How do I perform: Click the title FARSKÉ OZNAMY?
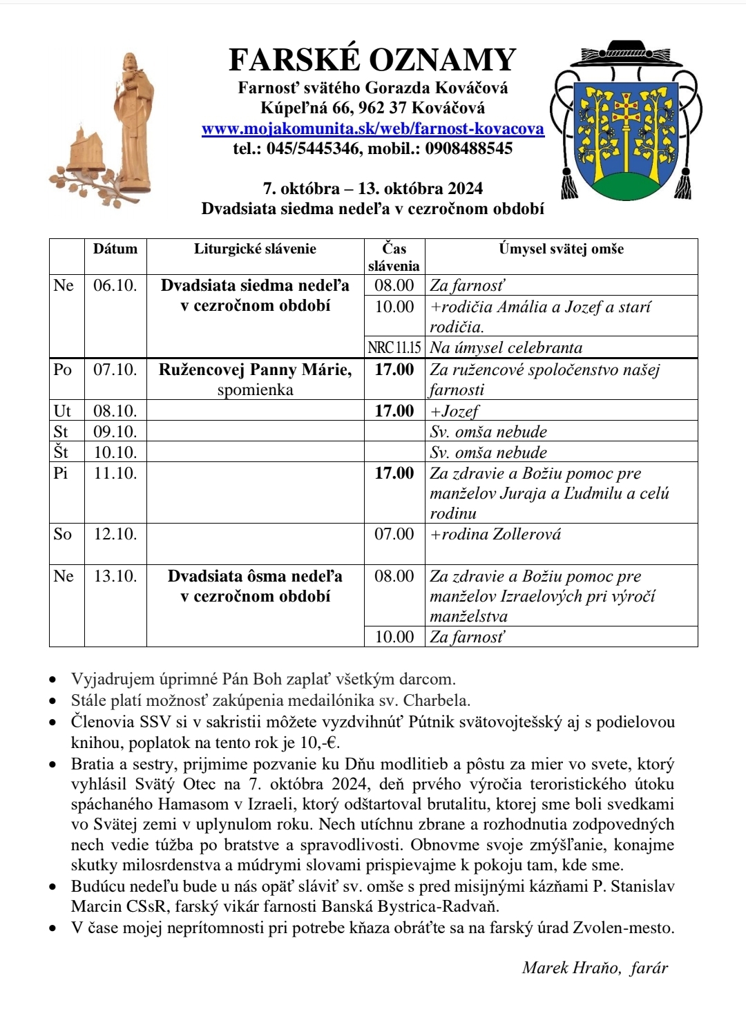point(372,60)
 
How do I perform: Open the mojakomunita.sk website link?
point(372,128)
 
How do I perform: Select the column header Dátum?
point(115,249)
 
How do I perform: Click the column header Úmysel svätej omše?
point(561,249)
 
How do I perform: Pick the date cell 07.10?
point(115,370)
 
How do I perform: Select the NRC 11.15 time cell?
point(394,347)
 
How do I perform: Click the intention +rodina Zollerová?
point(495,534)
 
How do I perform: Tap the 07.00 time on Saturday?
point(394,534)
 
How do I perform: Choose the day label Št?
point(61,452)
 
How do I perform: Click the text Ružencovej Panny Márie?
point(255,370)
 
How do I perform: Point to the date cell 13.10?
point(115,576)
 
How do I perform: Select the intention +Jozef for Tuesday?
point(455,412)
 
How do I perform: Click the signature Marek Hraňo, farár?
point(595,968)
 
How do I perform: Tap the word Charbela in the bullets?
point(436,700)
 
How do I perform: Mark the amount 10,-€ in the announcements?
point(321,743)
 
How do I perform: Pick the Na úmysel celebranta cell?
point(506,347)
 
